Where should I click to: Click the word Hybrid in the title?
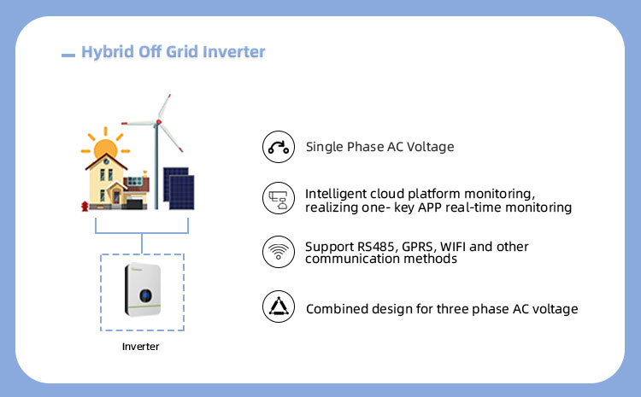[x=104, y=52]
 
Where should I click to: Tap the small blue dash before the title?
[x=68, y=55]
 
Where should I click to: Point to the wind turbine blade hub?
[x=157, y=123]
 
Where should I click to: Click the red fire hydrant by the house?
[x=83, y=206]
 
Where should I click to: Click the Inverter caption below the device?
[x=140, y=347]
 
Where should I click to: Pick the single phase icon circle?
[x=278, y=147]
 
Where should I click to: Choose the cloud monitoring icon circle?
[x=278, y=199]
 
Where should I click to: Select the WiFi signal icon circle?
[x=278, y=252]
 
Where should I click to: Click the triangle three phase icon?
[x=278, y=308]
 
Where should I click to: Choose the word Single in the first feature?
[x=324, y=147]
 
